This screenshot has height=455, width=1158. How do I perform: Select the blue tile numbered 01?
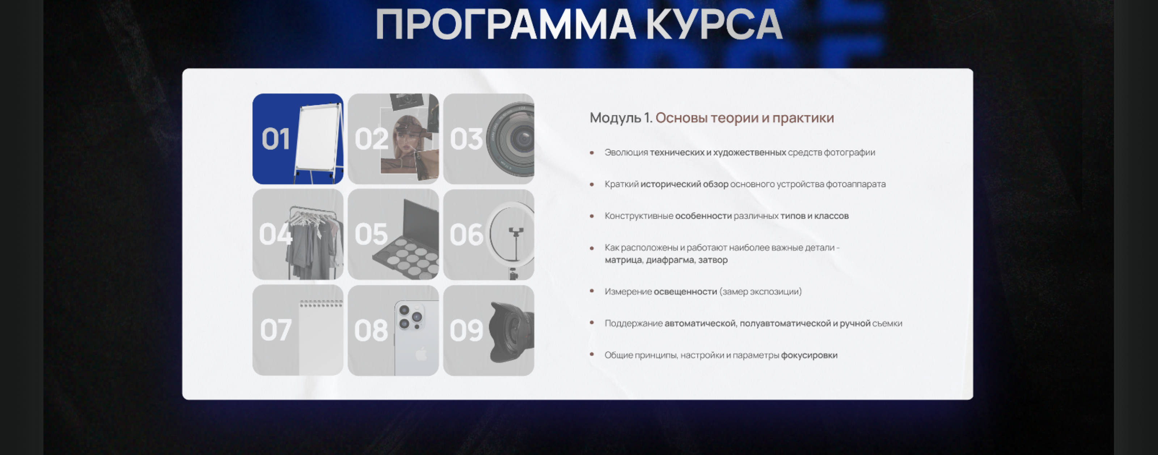(297, 139)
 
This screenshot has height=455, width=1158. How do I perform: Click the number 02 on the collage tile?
(371, 139)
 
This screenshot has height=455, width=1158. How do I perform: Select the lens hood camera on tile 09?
(512, 332)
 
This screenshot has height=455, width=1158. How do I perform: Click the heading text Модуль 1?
(620, 118)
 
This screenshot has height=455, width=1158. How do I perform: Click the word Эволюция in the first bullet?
(626, 152)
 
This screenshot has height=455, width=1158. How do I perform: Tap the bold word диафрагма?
(670, 260)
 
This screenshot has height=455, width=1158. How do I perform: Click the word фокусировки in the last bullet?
(809, 355)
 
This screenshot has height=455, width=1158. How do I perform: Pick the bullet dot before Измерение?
(592, 291)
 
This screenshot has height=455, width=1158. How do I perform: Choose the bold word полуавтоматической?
(785, 323)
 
